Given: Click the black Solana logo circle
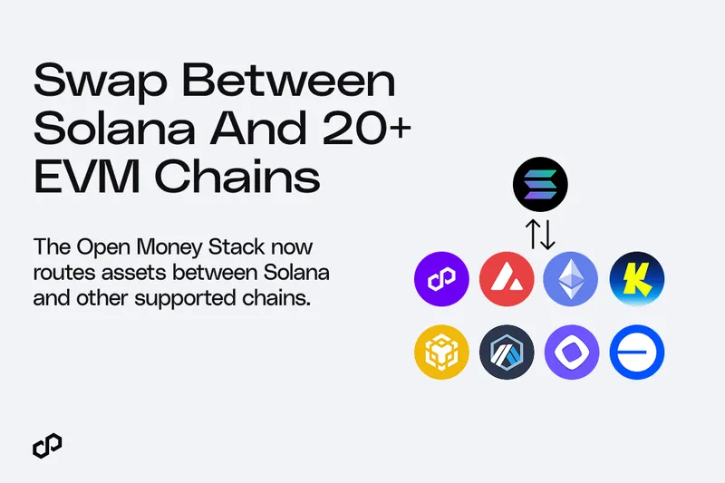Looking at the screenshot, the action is click(540, 185).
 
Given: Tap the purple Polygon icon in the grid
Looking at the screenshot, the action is click(441, 279).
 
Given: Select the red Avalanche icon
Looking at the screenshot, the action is click(507, 279).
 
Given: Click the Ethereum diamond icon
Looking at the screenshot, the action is click(571, 279).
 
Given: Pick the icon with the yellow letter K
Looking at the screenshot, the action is click(637, 279).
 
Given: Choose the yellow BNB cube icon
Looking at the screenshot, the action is click(441, 353).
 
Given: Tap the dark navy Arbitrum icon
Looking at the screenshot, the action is click(507, 353).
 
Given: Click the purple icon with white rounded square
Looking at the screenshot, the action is click(572, 353).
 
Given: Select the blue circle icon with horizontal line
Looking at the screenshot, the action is click(637, 353).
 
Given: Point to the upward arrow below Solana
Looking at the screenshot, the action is click(533, 235).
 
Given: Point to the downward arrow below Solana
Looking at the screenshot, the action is click(548, 235).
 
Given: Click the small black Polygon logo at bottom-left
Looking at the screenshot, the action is click(47, 446).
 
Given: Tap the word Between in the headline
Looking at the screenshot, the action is click(289, 80).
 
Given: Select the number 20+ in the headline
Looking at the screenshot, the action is click(367, 127).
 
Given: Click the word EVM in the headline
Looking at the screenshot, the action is click(87, 176).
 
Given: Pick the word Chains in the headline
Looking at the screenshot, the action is click(237, 176).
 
